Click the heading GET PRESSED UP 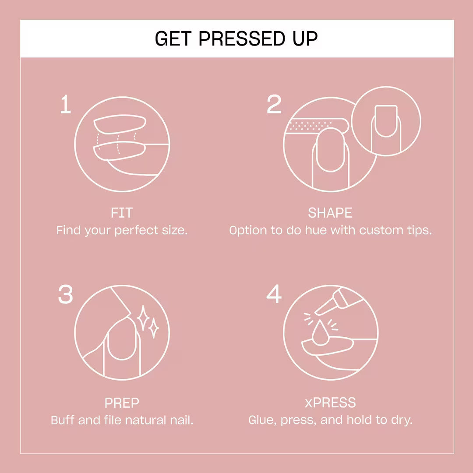236,39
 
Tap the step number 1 66,104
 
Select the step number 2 274,104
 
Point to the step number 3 65,294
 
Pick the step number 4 274,294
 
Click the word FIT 122,213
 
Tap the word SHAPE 330,213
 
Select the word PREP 122,403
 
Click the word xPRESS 330,403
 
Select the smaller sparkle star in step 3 154,328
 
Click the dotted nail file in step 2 317,126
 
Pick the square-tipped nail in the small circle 386,121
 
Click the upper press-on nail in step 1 120,124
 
